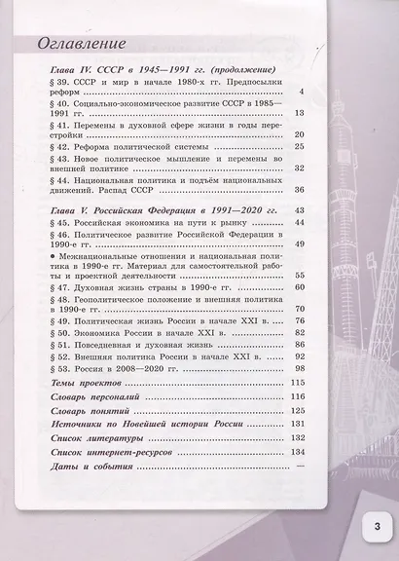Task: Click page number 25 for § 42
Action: (299, 146)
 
